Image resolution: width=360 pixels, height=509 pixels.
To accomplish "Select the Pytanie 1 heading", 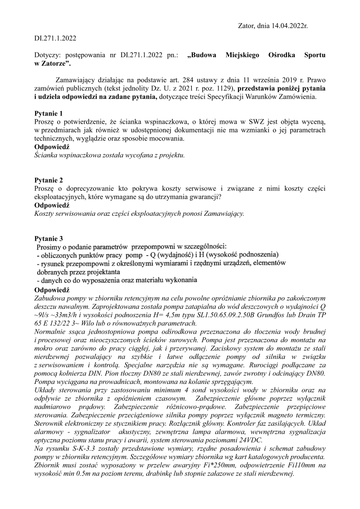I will pos(49,113).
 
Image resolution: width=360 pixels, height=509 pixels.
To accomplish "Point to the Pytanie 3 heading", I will pos(49,238).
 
